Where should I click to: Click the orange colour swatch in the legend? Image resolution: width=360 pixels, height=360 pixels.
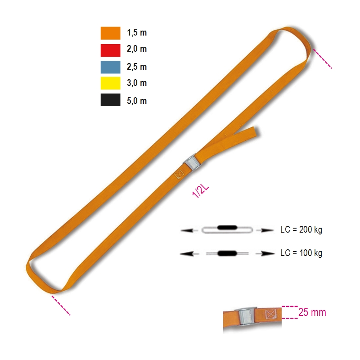110,33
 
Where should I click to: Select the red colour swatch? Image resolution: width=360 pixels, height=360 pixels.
110,50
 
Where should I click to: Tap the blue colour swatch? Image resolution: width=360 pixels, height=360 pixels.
110,67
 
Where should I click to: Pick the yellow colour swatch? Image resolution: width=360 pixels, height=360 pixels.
110,83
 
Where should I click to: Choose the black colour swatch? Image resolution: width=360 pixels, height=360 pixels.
110,99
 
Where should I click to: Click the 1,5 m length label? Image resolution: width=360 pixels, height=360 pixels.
137,32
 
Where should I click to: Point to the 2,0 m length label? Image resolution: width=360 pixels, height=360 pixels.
137,49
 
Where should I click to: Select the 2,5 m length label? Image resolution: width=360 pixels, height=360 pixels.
137,67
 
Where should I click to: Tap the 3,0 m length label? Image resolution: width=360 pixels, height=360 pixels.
137,83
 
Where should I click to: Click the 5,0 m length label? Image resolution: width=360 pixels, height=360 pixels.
137,101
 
